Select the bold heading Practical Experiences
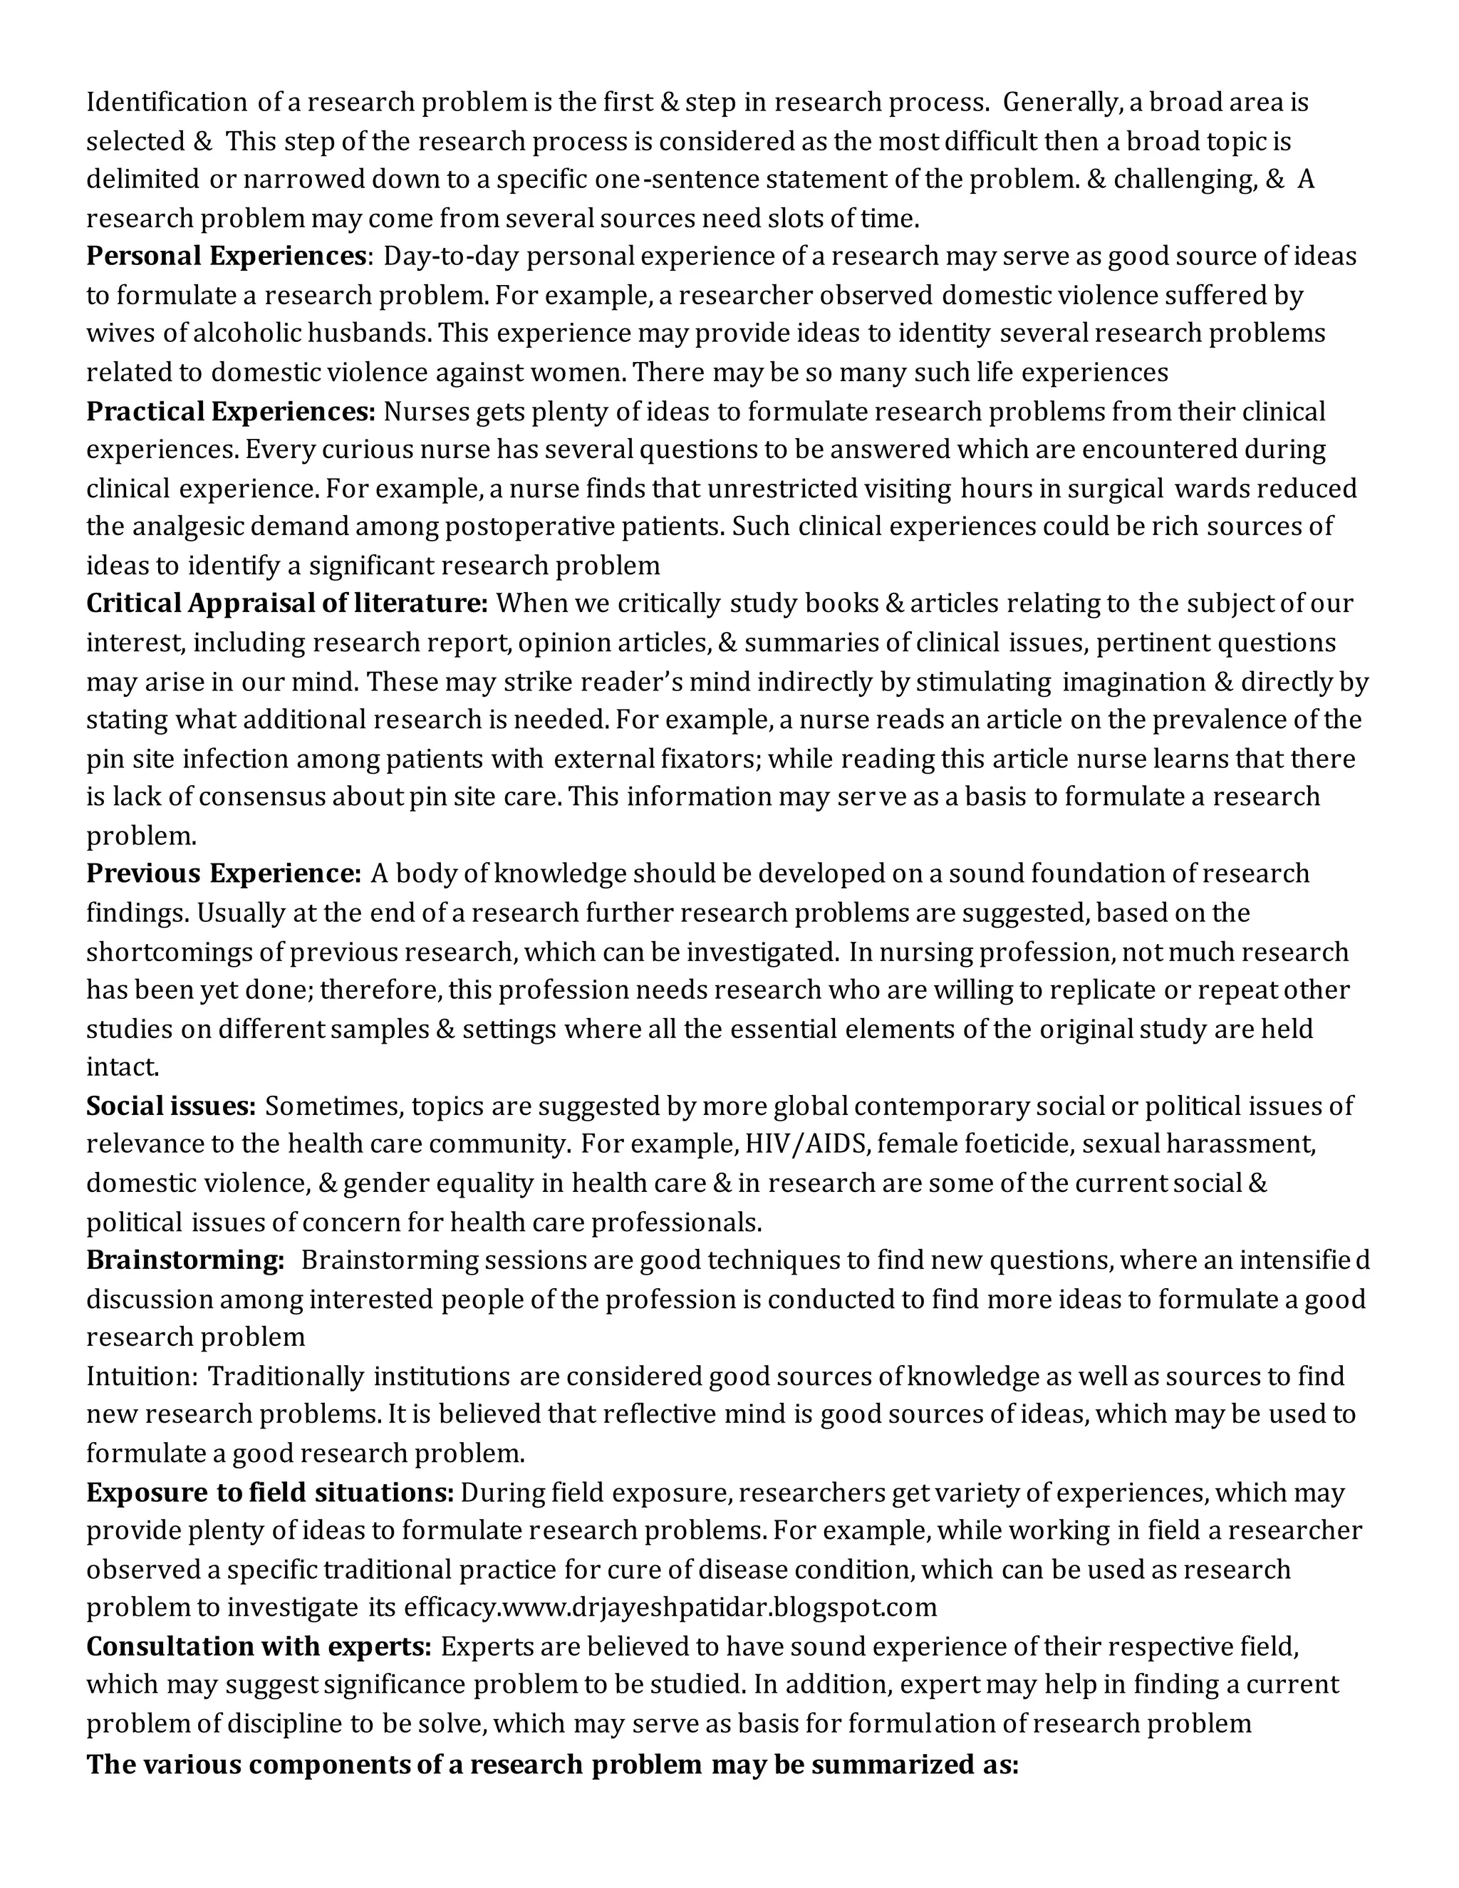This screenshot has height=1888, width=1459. (231, 412)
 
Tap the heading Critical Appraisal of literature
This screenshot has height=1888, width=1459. (287, 603)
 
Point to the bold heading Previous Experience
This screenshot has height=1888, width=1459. (223, 874)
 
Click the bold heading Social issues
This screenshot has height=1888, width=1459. (170, 1106)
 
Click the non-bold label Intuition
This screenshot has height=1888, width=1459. (142, 1376)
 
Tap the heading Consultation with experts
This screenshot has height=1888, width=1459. (259, 1646)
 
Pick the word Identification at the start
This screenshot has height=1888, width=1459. (166, 103)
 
